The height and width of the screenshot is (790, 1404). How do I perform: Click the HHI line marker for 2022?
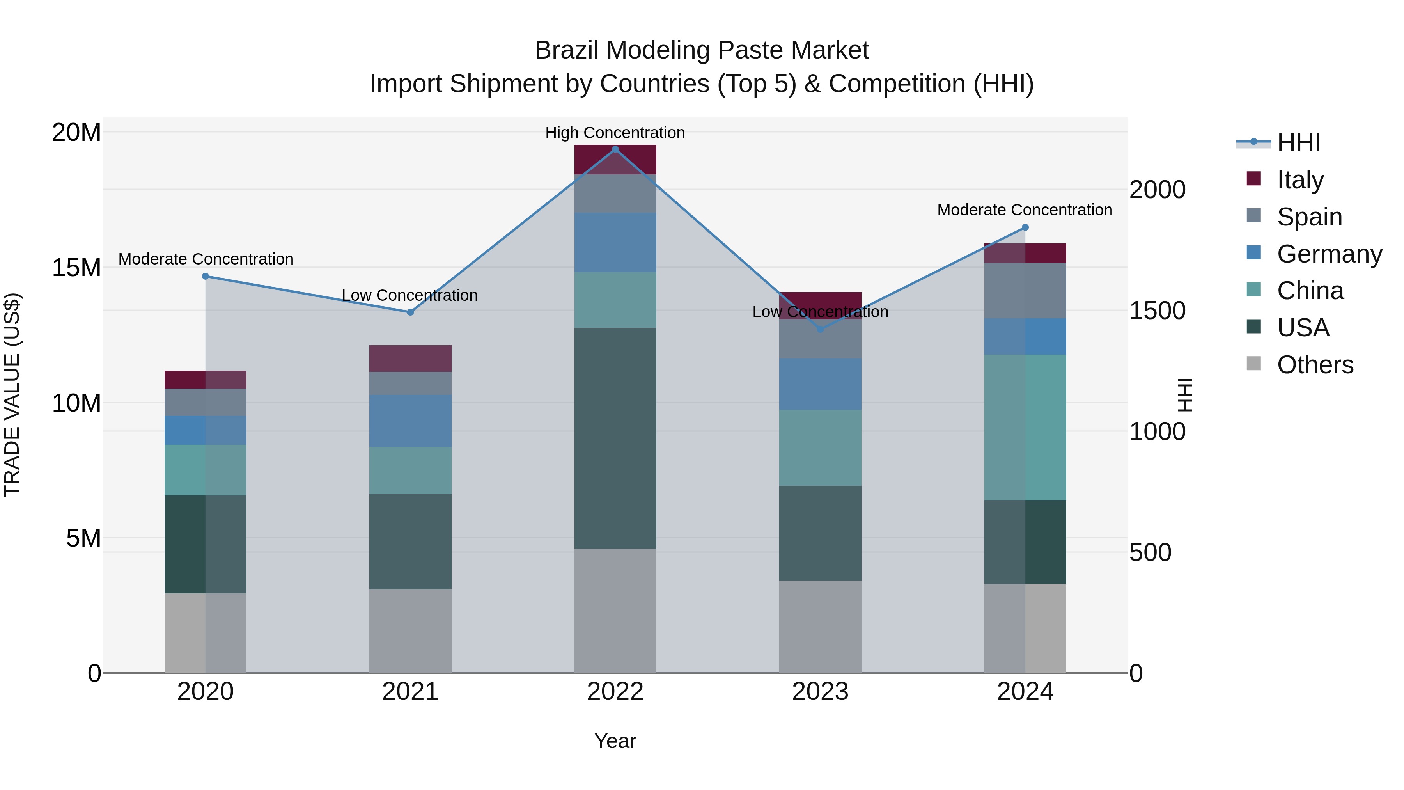coord(615,149)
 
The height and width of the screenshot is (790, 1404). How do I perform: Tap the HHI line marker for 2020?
coord(206,277)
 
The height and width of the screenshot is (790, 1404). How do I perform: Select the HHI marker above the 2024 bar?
coord(1025,227)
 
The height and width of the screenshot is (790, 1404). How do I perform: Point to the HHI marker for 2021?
coord(410,312)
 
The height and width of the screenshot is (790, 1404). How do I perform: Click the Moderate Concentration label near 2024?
coord(1024,210)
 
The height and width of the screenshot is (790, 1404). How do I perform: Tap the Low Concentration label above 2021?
coord(409,295)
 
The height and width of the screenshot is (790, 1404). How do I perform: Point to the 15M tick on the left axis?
coord(76,268)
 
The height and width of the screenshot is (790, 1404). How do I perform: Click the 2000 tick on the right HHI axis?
coord(1157,190)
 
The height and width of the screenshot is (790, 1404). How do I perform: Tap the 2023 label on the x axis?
coord(820,692)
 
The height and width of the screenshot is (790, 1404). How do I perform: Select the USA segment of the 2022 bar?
coord(615,438)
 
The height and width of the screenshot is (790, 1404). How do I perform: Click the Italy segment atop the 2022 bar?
coord(615,160)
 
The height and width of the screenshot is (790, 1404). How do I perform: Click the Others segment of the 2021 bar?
coord(410,631)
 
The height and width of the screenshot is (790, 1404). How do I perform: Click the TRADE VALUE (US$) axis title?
coord(12,395)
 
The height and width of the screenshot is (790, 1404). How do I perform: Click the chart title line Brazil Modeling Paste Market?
coord(702,50)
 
